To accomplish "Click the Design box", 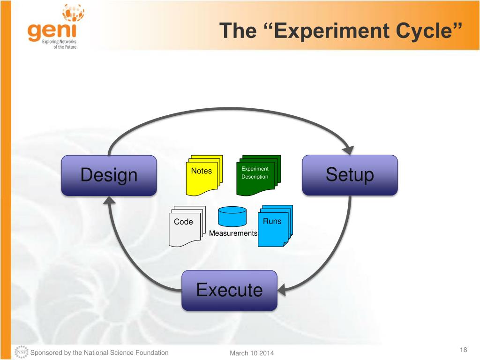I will [x=109, y=175].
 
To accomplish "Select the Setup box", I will [x=350, y=175].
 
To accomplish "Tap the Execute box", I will [x=229, y=290].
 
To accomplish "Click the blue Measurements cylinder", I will [x=232, y=217].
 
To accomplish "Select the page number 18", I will [x=464, y=350].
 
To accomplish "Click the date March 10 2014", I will [x=252, y=353].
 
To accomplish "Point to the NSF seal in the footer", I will [x=22, y=352].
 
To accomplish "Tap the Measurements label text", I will [x=233, y=233].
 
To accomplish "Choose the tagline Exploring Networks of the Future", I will [x=59, y=45].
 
